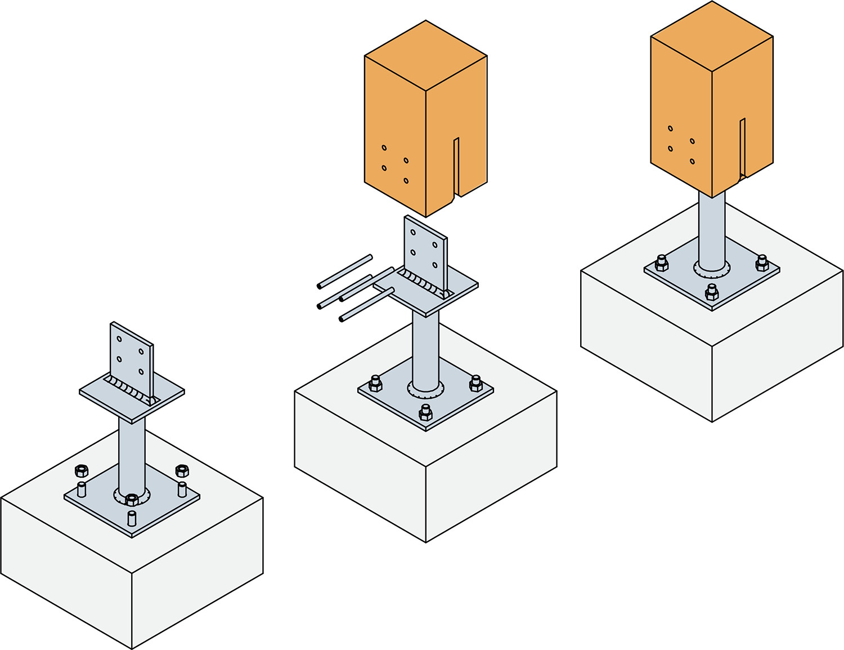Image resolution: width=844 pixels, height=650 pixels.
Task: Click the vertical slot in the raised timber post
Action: pyautogui.click(x=456, y=166)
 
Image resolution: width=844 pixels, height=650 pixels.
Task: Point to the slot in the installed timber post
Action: pyautogui.click(x=743, y=146)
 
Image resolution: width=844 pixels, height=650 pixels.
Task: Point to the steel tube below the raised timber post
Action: pyautogui.click(x=425, y=349)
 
